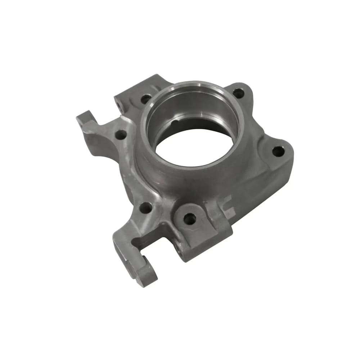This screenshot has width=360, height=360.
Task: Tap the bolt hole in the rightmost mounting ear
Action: pyautogui.click(x=278, y=151)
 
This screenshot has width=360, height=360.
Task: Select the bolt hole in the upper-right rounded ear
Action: pyautogui.click(x=238, y=93)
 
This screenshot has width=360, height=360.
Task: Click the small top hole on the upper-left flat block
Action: pyautogui.click(x=146, y=98)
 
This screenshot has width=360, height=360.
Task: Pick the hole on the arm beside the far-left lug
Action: pyautogui.click(x=121, y=135)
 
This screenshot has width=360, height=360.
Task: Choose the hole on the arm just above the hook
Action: pyautogui.click(x=145, y=208)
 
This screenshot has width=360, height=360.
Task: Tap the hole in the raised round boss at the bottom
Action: pyautogui.click(x=189, y=218)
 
